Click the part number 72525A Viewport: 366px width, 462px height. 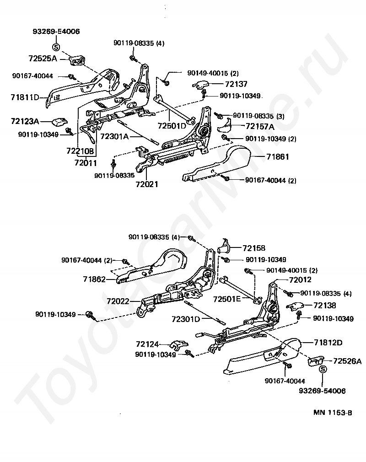pos(43,59)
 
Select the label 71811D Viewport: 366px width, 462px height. pos(24,97)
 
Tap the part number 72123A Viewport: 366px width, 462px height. pos(25,121)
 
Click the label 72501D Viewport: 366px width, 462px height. pos(172,126)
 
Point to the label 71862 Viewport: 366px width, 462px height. pos(94,279)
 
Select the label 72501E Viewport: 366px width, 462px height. pos(226,299)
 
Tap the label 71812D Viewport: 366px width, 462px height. pos(328,342)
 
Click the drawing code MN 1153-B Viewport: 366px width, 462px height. pos(333,412)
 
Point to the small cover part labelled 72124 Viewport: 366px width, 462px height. pos(178,344)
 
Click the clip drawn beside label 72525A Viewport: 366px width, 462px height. pos(75,60)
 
